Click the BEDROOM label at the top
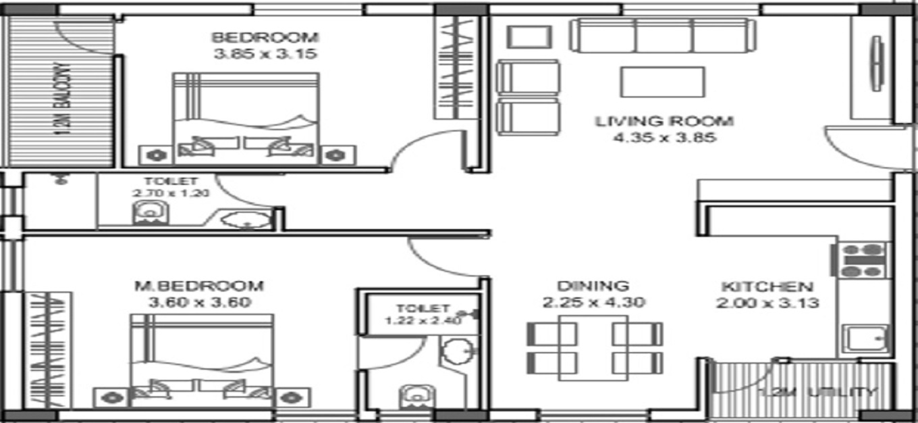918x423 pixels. (265, 37)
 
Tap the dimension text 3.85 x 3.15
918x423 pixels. (265, 54)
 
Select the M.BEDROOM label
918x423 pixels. (198, 285)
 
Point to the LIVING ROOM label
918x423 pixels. (664, 122)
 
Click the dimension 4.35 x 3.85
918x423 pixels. (664, 139)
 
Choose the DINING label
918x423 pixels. (593, 286)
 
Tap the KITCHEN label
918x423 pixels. (767, 287)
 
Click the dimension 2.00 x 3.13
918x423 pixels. (767, 303)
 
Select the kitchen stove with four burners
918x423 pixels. (863, 260)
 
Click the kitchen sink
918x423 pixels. (867, 337)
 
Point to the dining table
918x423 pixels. (593, 347)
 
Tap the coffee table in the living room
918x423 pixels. (663, 82)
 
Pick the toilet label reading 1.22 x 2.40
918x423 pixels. (423, 314)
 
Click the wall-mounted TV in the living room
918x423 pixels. (876, 64)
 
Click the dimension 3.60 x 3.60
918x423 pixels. (198, 302)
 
